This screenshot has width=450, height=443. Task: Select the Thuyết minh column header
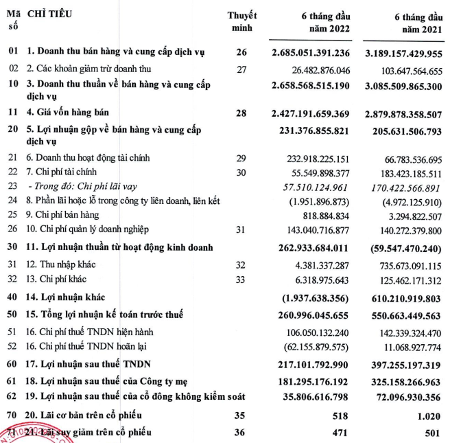pos(241,21)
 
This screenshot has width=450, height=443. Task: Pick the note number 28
pos(241,111)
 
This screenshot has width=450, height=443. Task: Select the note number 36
pos(241,431)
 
